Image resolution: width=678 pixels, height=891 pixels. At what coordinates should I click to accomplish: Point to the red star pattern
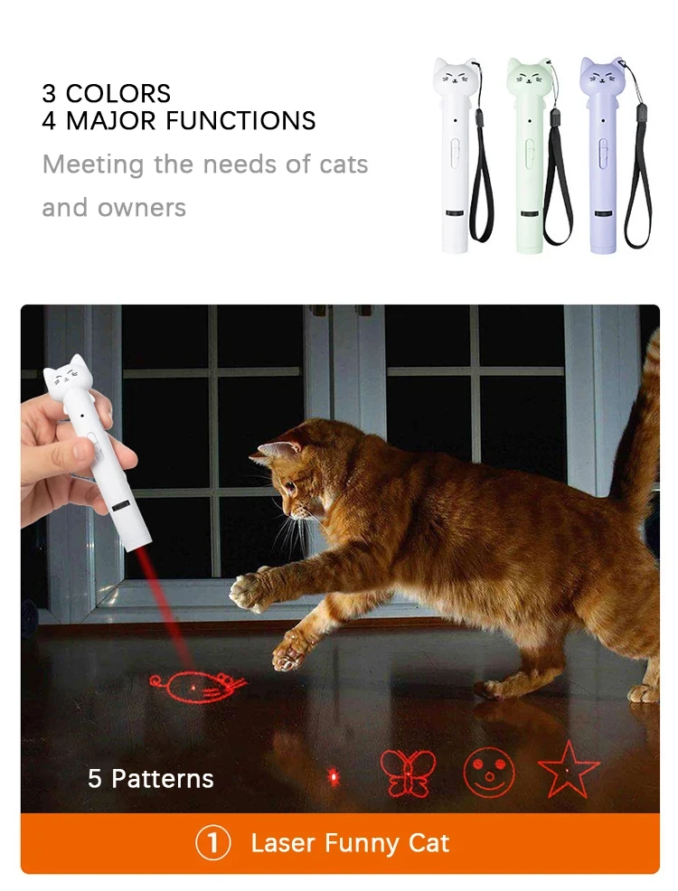pyautogui.click(x=569, y=770)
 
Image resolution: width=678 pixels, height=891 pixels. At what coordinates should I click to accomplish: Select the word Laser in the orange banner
pyautogui.click(x=283, y=844)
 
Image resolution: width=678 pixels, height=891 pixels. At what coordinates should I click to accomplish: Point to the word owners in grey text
pyautogui.click(x=141, y=208)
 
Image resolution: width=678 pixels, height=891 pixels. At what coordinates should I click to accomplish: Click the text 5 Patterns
pyautogui.click(x=151, y=779)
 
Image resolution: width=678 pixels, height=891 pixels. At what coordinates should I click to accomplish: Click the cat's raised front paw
pyautogui.click(x=247, y=591)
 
